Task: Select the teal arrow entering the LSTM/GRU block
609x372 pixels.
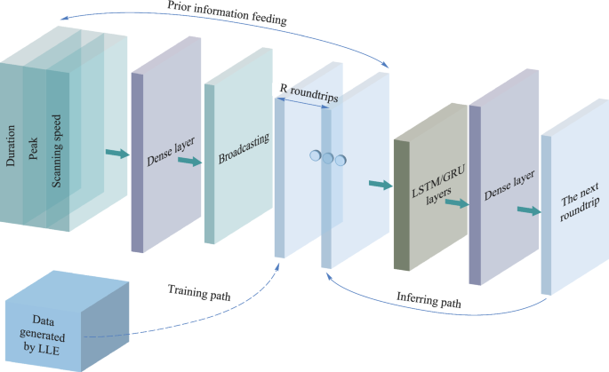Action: point(379,185)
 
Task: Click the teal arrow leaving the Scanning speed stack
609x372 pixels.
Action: point(116,154)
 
